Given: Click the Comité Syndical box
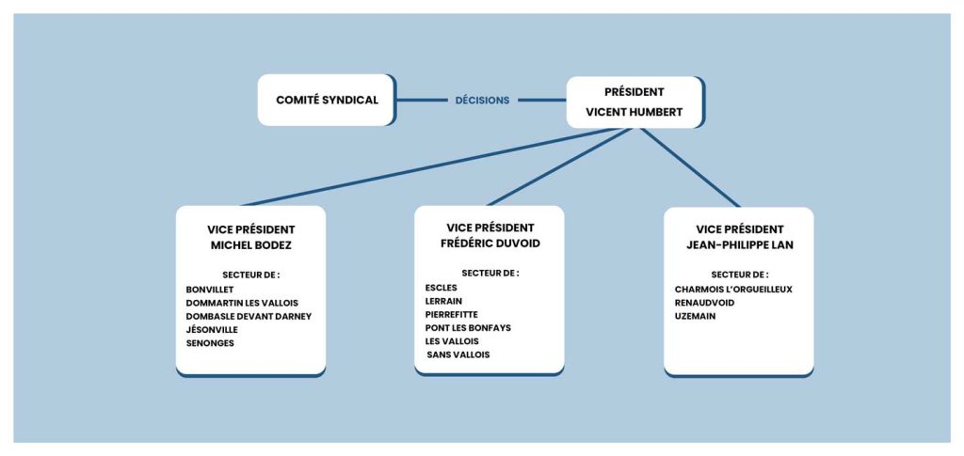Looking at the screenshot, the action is [326, 100].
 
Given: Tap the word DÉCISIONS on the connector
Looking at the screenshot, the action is [483, 101].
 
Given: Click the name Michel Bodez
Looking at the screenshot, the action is [250, 244].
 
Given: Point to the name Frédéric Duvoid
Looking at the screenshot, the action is [490, 243].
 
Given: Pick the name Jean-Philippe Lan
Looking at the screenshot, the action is [740, 244].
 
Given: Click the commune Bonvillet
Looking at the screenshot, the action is [210, 290].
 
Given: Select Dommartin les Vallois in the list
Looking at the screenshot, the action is [242, 303].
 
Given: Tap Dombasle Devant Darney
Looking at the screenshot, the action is [249, 317].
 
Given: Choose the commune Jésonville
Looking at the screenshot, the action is [212, 330].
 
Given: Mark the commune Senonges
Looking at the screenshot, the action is [210, 344].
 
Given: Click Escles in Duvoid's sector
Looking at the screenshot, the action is [441, 287].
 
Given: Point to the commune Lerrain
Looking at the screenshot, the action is [443, 301].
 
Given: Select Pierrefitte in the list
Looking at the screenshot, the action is [451, 314].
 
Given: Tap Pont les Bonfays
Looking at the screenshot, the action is [468, 328].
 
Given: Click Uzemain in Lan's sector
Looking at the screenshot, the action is [695, 316].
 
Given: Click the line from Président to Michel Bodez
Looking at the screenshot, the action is [430, 166].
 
